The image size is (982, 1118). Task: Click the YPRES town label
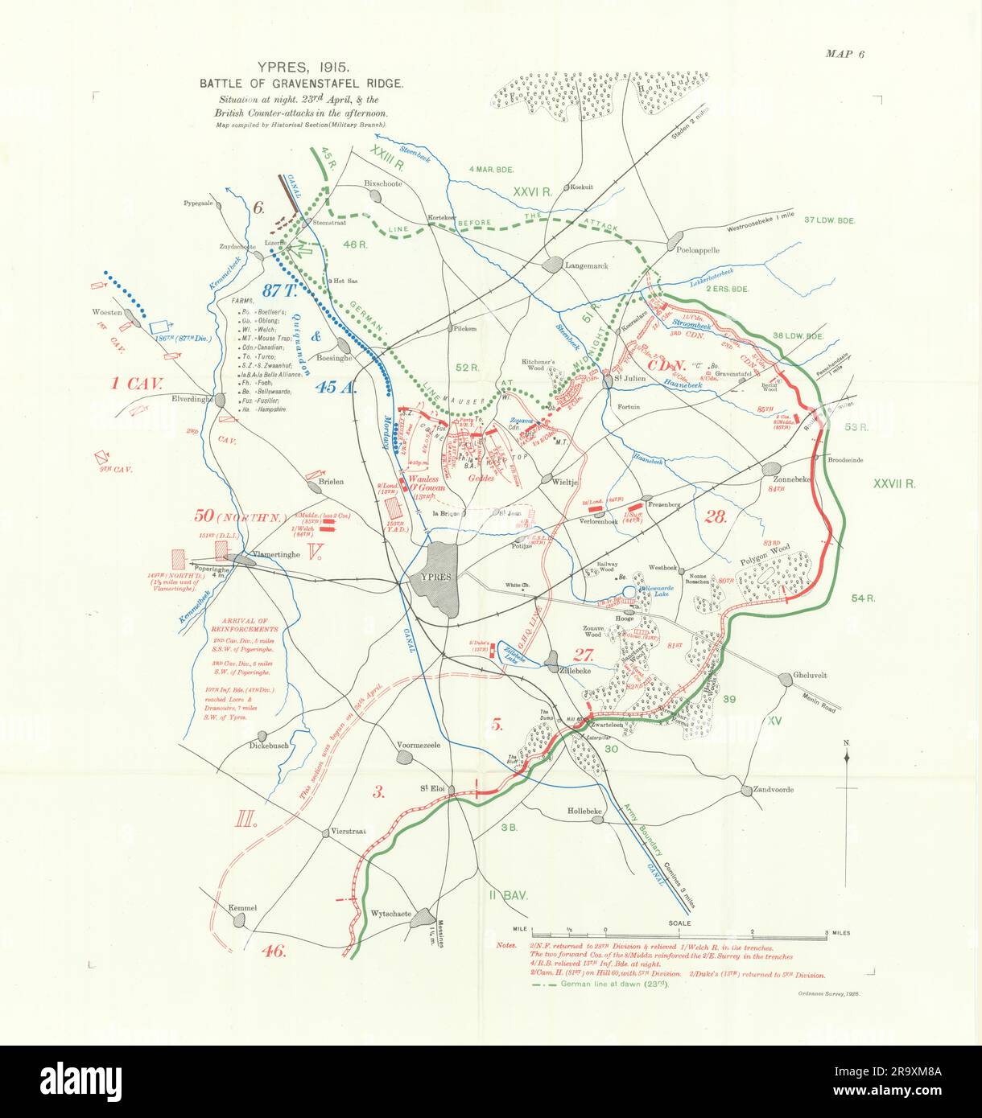point(432,577)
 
